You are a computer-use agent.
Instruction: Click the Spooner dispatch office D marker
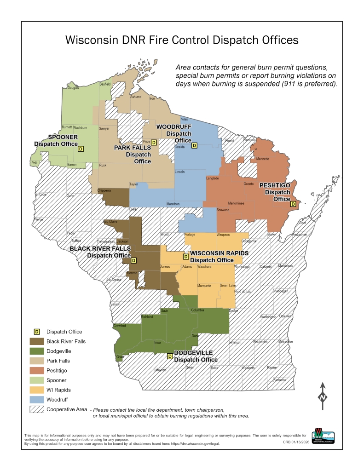[x=81, y=149]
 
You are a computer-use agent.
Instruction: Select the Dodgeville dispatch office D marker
[x=169, y=356]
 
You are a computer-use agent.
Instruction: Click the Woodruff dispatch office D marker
[x=194, y=146]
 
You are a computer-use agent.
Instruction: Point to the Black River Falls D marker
[x=133, y=260]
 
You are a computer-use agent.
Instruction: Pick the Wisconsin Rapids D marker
[x=186, y=257]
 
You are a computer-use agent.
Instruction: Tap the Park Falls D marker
[x=154, y=143]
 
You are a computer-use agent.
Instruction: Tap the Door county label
[x=303, y=223]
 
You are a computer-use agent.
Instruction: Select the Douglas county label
[x=73, y=88]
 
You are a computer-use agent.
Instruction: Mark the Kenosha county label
[x=279, y=380]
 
